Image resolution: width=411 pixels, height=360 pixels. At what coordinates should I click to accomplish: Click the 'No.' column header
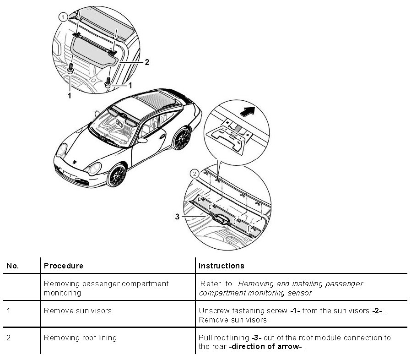coord(12,266)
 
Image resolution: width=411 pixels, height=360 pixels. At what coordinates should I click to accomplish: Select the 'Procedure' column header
coord(64,266)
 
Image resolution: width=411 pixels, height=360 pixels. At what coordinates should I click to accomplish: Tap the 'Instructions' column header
coord(221,266)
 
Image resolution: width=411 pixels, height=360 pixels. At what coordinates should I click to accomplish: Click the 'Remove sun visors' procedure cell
coord(78,311)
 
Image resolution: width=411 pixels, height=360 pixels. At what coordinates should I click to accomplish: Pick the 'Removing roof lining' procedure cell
coord(80,338)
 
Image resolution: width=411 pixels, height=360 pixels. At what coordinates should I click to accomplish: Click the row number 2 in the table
coord(10,338)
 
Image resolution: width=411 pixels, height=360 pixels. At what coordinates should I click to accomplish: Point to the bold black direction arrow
coord(246,110)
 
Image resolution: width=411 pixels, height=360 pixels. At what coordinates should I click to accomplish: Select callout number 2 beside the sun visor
coord(147,62)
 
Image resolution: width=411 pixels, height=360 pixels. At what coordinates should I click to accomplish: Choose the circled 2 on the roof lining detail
coord(195,174)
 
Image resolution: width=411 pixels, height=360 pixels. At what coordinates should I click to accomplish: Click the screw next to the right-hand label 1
coord(108,83)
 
